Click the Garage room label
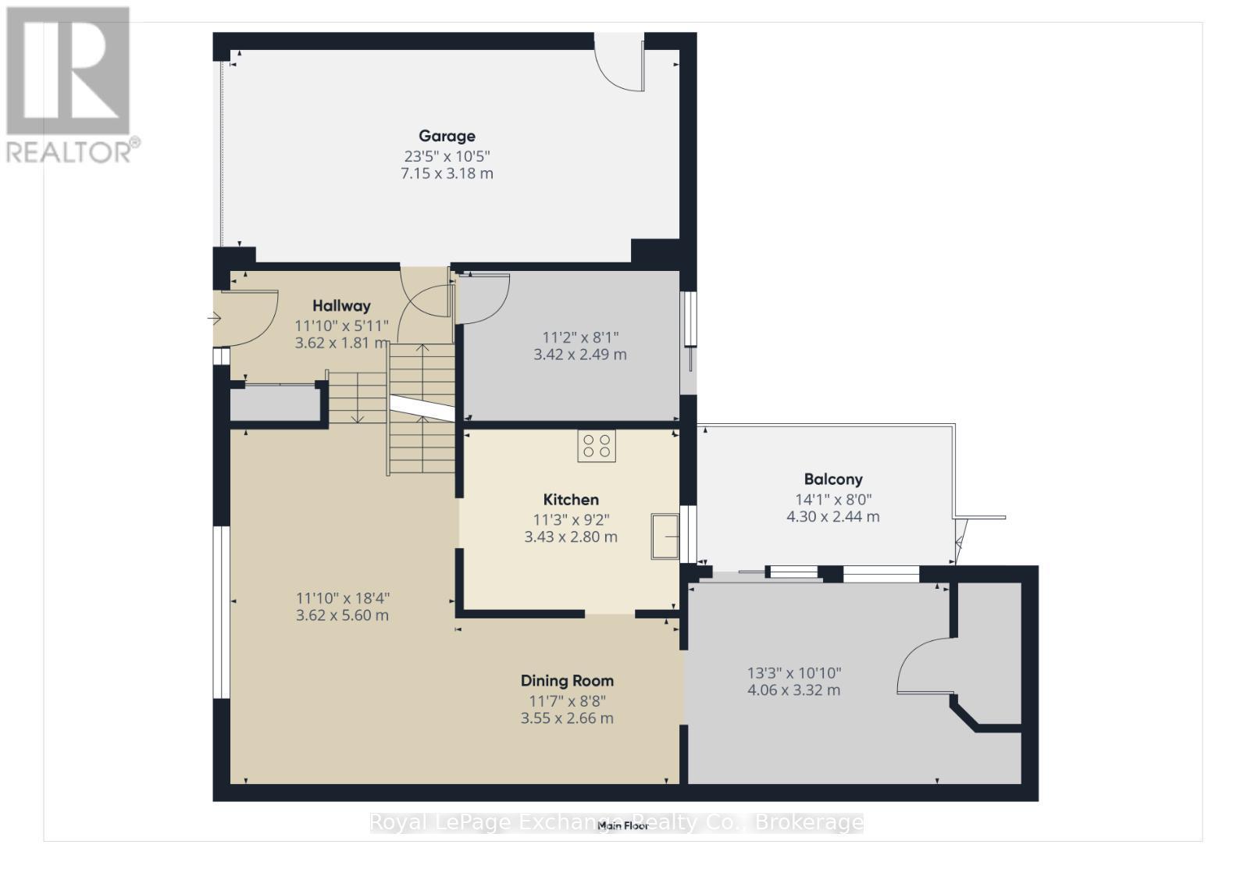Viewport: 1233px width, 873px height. [447, 136]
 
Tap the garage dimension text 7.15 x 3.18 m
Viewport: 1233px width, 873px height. [447, 173]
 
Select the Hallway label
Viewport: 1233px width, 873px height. [341, 306]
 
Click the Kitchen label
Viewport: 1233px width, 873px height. [571, 500]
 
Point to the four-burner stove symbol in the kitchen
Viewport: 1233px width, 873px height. [597, 446]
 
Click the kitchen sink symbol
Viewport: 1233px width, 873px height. [665, 536]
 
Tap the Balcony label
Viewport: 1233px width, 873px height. [833, 479]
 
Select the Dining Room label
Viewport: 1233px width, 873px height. [567, 681]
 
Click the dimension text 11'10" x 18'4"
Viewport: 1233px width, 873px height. [342, 598]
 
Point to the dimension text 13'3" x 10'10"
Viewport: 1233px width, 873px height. [793, 673]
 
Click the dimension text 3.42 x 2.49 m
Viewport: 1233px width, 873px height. [579, 355]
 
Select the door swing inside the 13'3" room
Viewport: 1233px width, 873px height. [923, 665]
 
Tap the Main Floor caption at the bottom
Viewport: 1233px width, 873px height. [623, 825]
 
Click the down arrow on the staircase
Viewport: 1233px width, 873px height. [357, 416]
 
